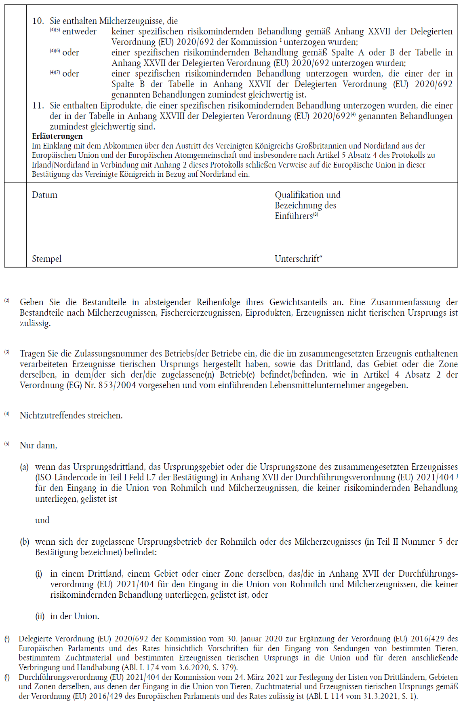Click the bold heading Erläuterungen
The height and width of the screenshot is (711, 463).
(x=57, y=136)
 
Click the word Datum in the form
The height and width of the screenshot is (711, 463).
(x=44, y=195)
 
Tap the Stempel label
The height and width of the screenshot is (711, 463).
(x=46, y=259)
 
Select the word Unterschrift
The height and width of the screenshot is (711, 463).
(x=297, y=259)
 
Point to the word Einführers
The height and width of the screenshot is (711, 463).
(x=294, y=216)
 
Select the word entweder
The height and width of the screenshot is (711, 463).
(x=79, y=32)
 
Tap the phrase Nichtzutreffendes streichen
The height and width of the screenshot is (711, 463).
(x=71, y=416)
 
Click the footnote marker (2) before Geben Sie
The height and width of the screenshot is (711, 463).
(x=7, y=301)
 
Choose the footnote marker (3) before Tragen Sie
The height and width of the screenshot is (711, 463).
(x=7, y=352)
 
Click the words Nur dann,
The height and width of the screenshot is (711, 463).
(x=38, y=446)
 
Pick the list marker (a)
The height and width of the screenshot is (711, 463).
(x=24, y=467)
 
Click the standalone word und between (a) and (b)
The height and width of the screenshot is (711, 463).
(x=42, y=520)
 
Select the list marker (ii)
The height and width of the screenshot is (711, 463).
(x=40, y=616)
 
